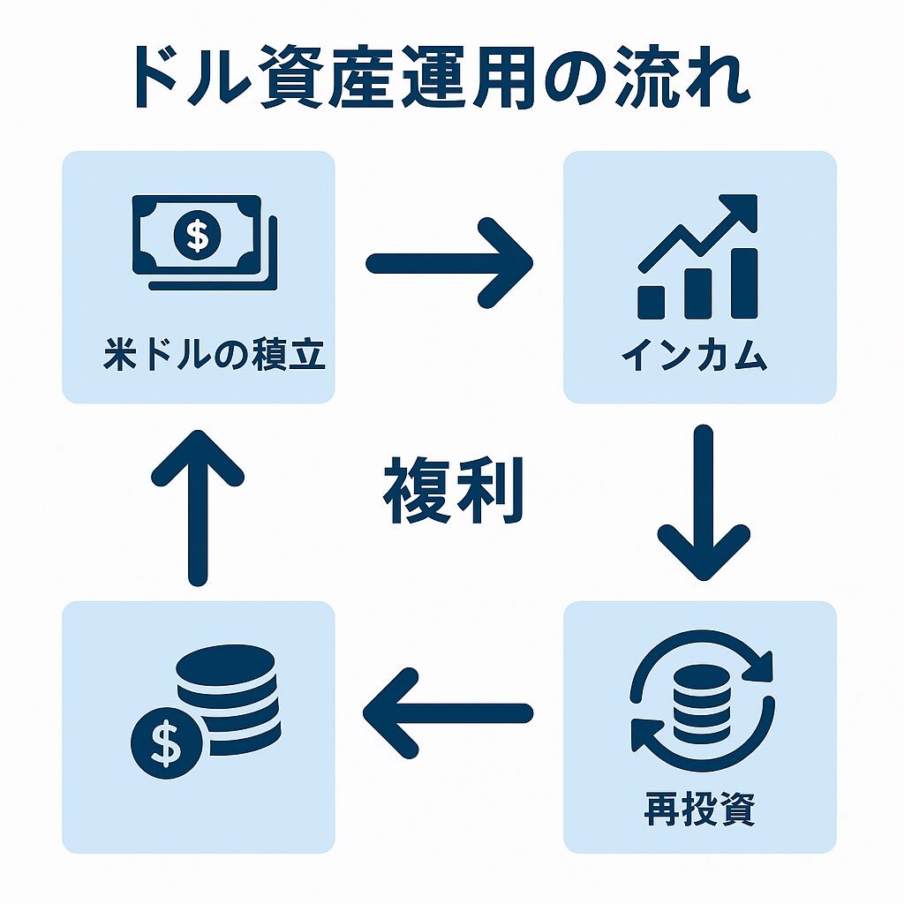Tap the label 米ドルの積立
[x=215, y=357]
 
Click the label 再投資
[x=700, y=809]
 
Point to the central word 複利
[x=453, y=492]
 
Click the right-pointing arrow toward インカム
[x=450, y=262]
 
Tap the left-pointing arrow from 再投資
[x=448, y=712]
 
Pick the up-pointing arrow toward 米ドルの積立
[x=198, y=508]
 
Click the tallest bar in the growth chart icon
[x=743, y=282]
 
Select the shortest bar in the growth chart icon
[x=652, y=301]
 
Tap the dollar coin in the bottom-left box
[x=166, y=742]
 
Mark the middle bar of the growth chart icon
[x=697, y=292]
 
